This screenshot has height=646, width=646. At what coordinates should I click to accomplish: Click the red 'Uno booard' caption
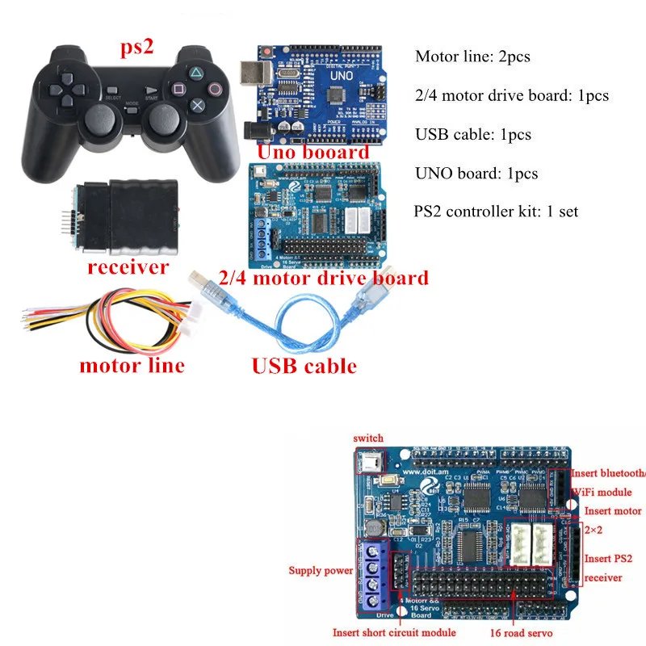(313, 152)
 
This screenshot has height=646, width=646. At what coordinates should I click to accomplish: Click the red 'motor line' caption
(132, 365)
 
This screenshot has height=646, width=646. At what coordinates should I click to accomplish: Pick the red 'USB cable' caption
(304, 366)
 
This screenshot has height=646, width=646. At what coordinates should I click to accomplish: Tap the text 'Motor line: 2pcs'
(474, 57)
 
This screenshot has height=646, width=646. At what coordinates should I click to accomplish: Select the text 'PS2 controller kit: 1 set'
(497, 212)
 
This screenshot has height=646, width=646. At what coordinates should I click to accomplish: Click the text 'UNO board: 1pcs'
(476, 174)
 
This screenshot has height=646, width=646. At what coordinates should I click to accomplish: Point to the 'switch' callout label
(369, 438)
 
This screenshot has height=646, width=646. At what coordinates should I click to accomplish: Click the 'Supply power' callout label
(321, 571)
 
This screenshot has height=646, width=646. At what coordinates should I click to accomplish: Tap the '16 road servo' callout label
(521, 633)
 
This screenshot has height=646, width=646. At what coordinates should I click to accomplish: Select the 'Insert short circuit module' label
(395, 633)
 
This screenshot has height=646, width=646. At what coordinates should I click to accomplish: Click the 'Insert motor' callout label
(613, 510)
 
